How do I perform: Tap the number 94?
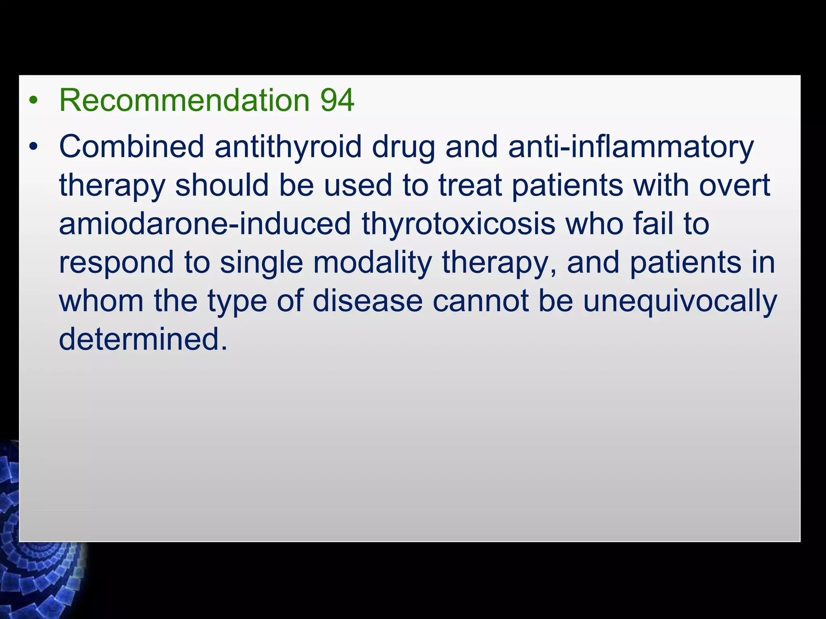(337, 100)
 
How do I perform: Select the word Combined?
(131, 147)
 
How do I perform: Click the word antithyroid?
(288, 147)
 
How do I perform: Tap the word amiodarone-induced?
(205, 224)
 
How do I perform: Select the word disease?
(367, 301)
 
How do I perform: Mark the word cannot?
(480, 301)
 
